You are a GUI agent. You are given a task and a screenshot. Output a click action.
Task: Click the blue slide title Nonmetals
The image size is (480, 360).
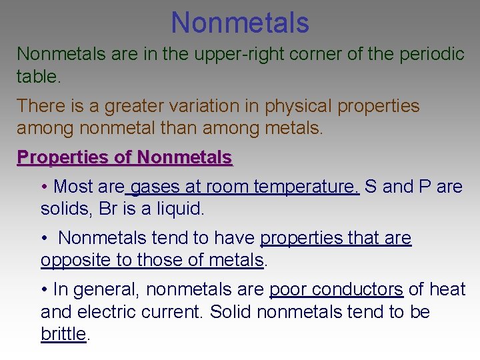pos(240,22)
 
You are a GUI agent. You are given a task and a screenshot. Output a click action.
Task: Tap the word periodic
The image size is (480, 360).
pos(431,54)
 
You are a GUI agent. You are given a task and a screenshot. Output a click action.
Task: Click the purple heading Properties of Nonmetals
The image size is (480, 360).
pos(125,157)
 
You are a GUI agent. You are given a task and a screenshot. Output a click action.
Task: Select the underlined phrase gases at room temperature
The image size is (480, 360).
pos(245,187)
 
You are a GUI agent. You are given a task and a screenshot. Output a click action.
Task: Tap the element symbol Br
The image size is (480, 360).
pos(109,209)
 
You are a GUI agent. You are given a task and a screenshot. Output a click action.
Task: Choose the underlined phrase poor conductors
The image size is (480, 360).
pos(336,289)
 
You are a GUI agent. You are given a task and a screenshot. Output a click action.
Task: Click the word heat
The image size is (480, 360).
pos(447,289)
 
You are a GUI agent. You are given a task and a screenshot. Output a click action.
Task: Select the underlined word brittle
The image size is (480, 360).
pos(63,334)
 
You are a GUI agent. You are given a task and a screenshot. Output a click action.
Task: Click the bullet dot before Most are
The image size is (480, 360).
pos(43,187)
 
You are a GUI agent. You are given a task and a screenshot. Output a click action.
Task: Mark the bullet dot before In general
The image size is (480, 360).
pos(43,290)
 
